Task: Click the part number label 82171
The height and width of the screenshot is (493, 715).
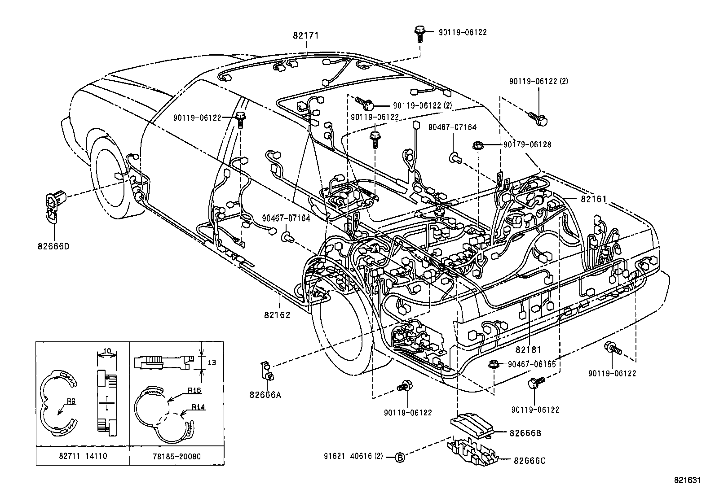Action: tap(306, 35)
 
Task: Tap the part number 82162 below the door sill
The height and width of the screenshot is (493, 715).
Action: tap(277, 314)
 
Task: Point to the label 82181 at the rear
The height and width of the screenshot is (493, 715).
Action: tap(528, 349)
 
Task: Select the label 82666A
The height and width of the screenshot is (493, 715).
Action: tap(265, 395)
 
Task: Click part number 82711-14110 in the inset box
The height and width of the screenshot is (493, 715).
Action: tap(83, 457)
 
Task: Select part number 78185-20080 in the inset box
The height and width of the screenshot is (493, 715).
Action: tap(177, 457)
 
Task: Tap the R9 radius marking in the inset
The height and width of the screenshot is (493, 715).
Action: tap(71, 401)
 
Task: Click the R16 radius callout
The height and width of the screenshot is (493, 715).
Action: tap(194, 391)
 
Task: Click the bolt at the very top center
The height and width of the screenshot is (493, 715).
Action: tap(419, 32)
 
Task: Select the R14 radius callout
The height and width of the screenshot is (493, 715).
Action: tap(198, 407)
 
